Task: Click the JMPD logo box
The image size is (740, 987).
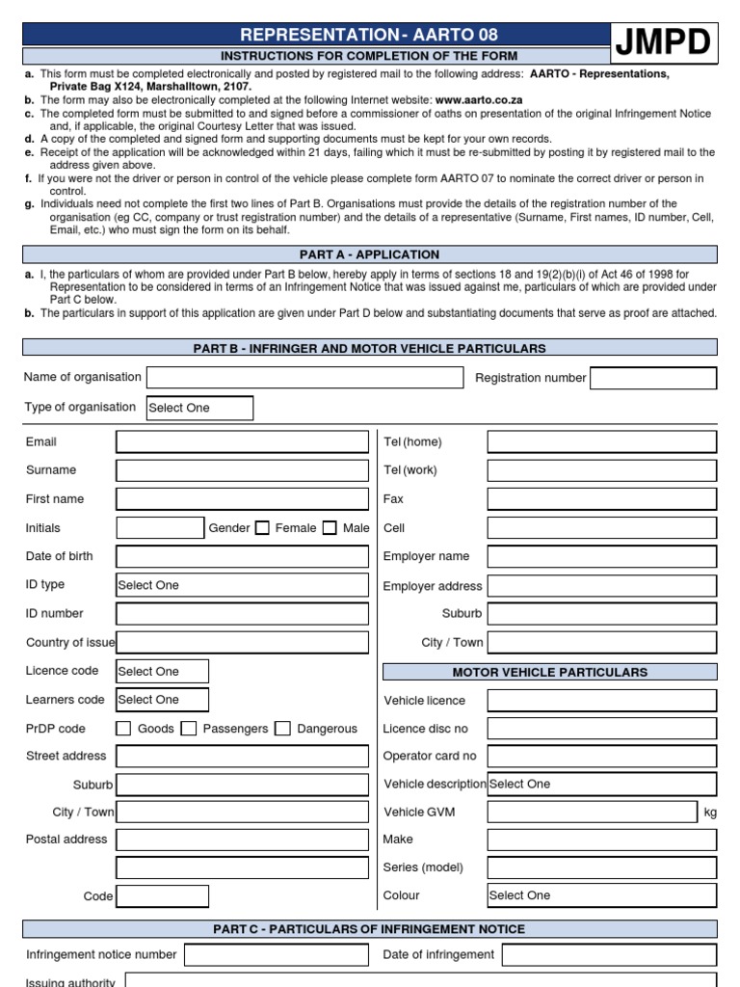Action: pyautogui.click(x=663, y=42)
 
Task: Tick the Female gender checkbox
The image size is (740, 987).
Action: pyautogui.click(x=262, y=528)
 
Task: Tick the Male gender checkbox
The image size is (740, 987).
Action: pyautogui.click(x=330, y=528)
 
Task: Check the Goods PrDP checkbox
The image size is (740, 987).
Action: pyautogui.click(x=123, y=729)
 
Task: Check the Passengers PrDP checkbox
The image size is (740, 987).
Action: pyautogui.click(x=189, y=729)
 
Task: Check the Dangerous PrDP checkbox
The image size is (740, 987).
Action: pyautogui.click(x=282, y=729)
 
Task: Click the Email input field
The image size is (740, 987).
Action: pyautogui.click(x=242, y=442)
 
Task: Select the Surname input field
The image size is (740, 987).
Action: pyautogui.click(x=242, y=470)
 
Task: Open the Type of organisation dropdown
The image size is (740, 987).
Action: pyautogui.click(x=199, y=408)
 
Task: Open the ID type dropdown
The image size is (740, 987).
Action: pyautogui.click(x=242, y=585)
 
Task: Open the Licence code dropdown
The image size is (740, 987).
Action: pyautogui.click(x=162, y=671)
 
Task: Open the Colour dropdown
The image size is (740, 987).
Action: pyautogui.click(x=601, y=895)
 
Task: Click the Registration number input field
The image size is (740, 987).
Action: pyautogui.click(x=653, y=378)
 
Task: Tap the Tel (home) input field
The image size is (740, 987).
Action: pyautogui.click(x=601, y=442)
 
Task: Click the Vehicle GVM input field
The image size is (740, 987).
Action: pyautogui.click(x=592, y=812)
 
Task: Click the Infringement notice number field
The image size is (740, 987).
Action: pyautogui.click(x=276, y=954)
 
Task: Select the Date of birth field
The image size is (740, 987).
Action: pyautogui.click(x=242, y=556)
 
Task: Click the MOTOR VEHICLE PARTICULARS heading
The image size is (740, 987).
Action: pyautogui.click(x=550, y=672)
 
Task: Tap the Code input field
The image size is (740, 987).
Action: pyautogui.click(x=162, y=896)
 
